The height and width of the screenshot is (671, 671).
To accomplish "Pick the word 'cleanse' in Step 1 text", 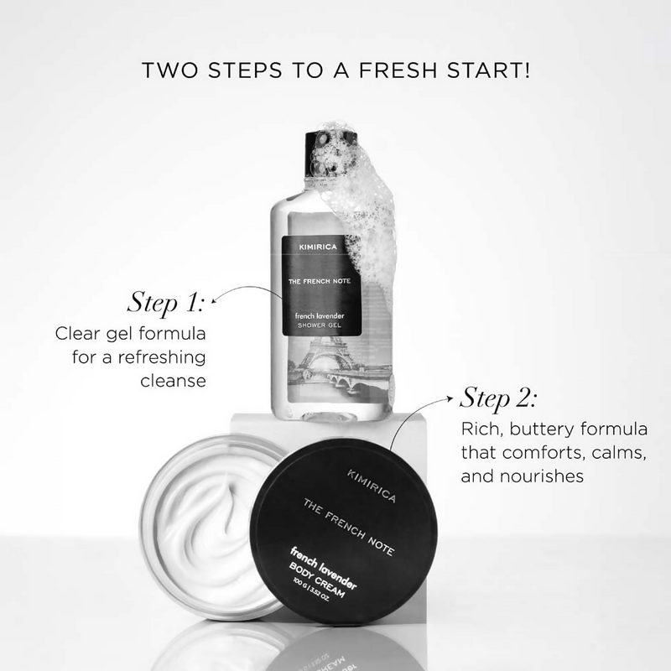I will tap(172, 382).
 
